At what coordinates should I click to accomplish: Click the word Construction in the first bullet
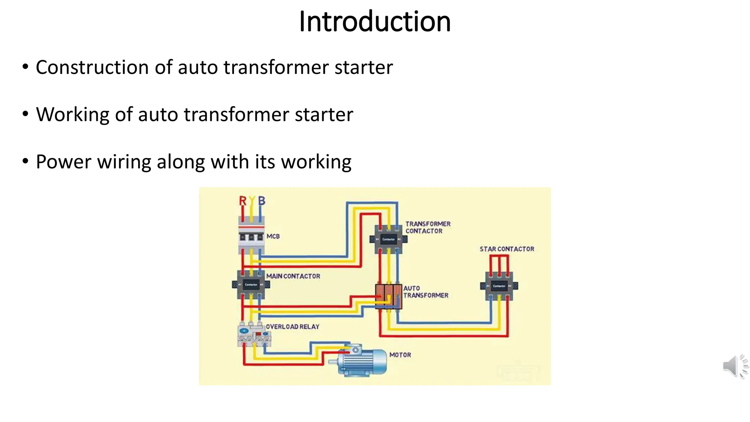(x=92, y=67)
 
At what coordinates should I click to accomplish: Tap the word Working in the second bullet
(x=73, y=114)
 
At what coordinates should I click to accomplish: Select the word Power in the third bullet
(x=63, y=162)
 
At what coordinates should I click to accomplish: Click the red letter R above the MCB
(x=242, y=201)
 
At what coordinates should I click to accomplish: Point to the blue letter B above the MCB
(x=261, y=201)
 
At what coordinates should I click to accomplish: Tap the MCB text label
(x=273, y=236)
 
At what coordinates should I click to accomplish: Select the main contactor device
(x=251, y=285)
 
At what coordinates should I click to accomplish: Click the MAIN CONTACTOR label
(x=293, y=276)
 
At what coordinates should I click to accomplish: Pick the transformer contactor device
(x=389, y=239)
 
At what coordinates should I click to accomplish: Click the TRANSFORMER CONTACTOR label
(x=427, y=227)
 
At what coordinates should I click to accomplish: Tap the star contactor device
(x=499, y=286)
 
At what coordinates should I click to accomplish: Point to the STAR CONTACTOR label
(x=507, y=249)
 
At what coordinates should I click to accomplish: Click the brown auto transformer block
(x=389, y=296)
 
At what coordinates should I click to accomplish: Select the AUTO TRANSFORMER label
(x=426, y=292)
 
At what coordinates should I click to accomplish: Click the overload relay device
(x=254, y=334)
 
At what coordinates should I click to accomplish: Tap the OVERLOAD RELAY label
(x=292, y=326)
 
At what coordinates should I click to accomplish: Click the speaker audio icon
(x=735, y=366)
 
